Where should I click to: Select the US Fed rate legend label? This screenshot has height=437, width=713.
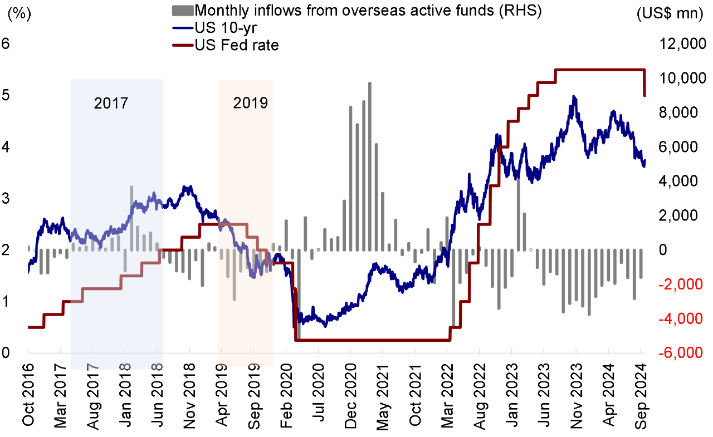point(236,46)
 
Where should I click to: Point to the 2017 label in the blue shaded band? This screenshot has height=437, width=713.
point(111,103)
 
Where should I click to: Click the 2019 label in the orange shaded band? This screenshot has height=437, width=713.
point(250,103)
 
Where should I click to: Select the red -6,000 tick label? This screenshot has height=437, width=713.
point(680,353)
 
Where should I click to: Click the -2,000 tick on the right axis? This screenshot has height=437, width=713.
point(680,284)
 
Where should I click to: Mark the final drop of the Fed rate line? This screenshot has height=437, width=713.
point(644,84)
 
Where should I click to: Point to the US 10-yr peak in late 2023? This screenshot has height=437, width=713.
point(574,97)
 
